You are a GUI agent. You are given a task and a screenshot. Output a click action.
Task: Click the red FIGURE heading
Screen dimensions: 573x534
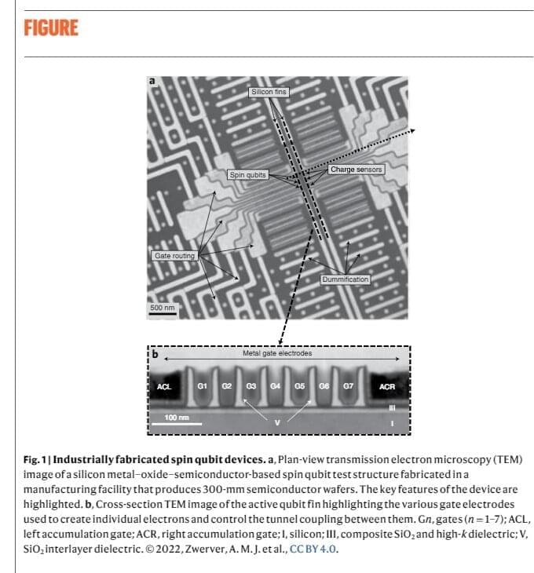click(x=51, y=29)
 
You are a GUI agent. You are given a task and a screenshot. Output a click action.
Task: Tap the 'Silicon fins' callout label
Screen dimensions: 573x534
click(x=269, y=92)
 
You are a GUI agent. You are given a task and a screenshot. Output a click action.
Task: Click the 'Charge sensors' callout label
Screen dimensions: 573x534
click(x=357, y=170)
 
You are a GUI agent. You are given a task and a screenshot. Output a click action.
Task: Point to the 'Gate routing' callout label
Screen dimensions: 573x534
click(x=174, y=256)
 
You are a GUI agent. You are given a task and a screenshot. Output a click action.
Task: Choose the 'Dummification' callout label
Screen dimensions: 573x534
click(x=345, y=279)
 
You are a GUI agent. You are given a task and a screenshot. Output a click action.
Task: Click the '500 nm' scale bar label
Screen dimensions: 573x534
click(x=163, y=307)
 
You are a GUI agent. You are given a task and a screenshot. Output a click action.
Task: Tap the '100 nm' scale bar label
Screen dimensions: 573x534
click(x=177, y=417)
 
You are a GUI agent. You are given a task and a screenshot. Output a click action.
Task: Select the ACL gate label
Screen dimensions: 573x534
click(x=164, y=387)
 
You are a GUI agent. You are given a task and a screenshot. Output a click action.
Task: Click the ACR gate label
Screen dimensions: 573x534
click(x=386, y=387)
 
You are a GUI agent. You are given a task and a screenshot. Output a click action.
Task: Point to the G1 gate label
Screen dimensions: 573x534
click(x=202, y=386)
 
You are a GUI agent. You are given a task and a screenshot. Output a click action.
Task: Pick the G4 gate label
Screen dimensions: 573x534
click(x=275, y=386)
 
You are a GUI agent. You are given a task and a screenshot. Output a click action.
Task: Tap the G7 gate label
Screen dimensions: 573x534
click(x=349, y=386)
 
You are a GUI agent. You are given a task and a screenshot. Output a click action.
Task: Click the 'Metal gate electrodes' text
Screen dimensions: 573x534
click(x=277, y=354)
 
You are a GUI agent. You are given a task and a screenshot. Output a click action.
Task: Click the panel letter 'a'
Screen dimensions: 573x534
click(x=152, y=81)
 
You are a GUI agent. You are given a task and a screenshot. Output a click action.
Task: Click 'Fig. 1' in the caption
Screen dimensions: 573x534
click(x=38, y=458)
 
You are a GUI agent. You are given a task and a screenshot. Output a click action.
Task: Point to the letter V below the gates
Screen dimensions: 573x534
click(x=276, y=424)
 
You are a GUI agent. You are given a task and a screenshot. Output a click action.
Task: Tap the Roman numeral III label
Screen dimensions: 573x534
click(x=391, y=409)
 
